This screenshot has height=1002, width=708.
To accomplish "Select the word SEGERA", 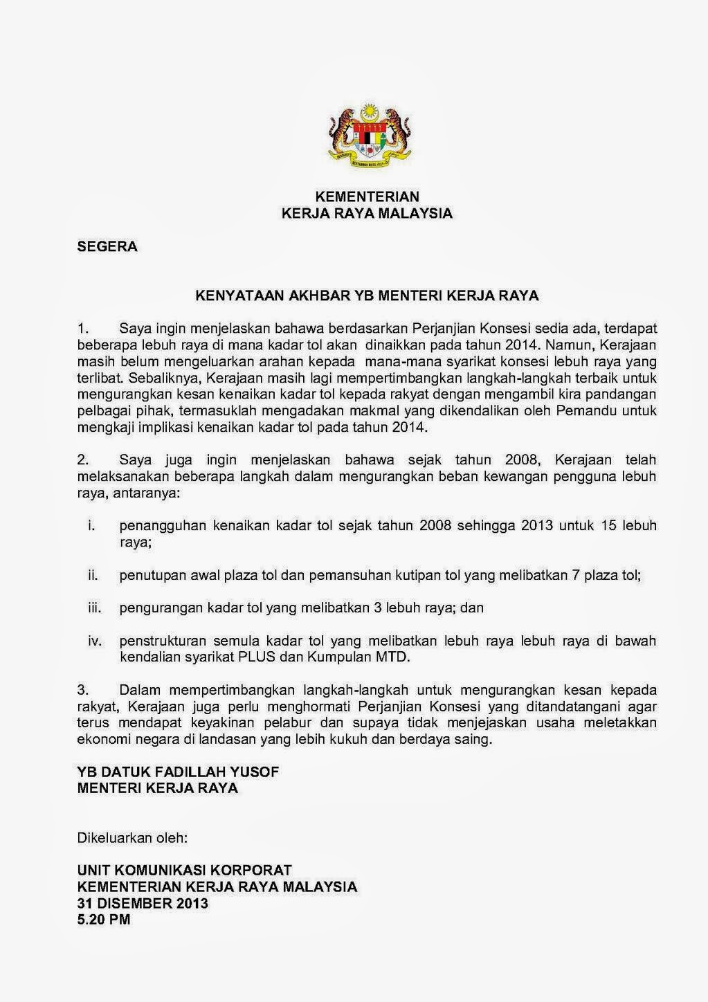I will [x=107, y=246].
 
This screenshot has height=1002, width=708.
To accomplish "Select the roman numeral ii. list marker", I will [x=93, y=574].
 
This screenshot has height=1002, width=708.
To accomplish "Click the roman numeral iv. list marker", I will [x=94, y=641].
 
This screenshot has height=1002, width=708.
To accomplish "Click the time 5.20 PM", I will [x=103, y=920].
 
